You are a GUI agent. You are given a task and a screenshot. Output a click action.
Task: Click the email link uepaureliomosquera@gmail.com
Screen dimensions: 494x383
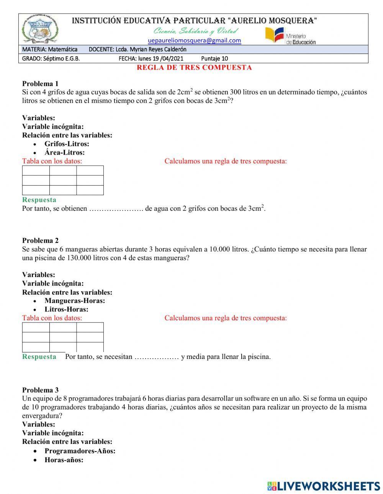click(x=194, y=41)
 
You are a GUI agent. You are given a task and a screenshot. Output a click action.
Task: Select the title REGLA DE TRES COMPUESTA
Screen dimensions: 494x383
click(x=194, y=68)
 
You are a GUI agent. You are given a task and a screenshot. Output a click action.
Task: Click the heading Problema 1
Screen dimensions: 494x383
click(x=40, y=83)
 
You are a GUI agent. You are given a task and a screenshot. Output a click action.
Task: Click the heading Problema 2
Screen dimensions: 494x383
click(x=40, y=240)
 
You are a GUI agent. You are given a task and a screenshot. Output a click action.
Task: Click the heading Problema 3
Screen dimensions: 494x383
click(x=40, y=390)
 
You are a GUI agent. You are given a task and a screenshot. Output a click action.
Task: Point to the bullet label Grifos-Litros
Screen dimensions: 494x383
click(x=67, y=144)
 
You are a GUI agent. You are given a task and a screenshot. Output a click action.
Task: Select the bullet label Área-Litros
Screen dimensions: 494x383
click(x=64, y=152)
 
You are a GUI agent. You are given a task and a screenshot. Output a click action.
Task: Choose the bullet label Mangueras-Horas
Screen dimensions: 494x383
click(x=75, y=301)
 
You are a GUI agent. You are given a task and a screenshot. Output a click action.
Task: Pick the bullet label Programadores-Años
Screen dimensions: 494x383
click(x=80, y=451)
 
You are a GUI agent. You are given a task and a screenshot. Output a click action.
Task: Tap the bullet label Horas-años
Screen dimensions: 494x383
click(x=64, y=460)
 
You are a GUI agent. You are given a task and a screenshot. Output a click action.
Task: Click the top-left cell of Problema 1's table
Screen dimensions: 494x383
click(x=36, y=171)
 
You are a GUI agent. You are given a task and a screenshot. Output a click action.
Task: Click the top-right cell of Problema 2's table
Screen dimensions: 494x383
click(x=90, y=327)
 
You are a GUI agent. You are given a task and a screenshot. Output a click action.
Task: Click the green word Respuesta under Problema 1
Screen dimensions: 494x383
click(x=39, y=200)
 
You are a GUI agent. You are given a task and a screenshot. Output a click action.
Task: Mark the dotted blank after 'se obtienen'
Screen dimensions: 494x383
click(x=116, y=209)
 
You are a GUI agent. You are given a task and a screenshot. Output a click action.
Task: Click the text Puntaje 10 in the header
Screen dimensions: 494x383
click(x=214, y=59)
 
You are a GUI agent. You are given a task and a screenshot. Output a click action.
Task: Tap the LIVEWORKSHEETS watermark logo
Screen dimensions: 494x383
click(x=324, y=486)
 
